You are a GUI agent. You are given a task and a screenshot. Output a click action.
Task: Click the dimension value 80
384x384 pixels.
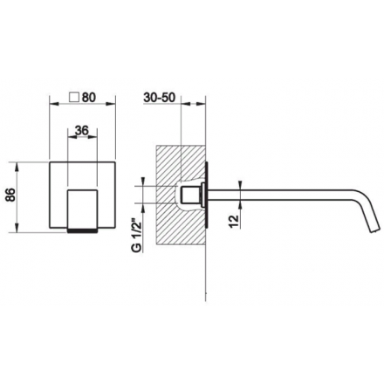click(x=89, y=98)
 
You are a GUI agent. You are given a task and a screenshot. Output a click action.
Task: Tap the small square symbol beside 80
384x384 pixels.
click(x=74, y=97)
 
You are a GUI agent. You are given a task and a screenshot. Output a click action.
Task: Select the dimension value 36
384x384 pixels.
click(x=82, y=131)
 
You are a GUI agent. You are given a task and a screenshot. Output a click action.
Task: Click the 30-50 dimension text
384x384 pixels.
click(x=160, y=98)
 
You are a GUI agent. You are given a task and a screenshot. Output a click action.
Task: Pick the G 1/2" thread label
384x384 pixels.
click(x=137, y=235)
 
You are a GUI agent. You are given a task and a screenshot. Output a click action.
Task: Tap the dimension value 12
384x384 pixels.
click(x=235, y=222)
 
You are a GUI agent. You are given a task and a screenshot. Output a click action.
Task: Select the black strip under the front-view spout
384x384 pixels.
click(x=82, y=230)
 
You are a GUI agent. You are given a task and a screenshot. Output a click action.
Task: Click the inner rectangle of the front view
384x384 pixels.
click(x=82, y=209)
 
